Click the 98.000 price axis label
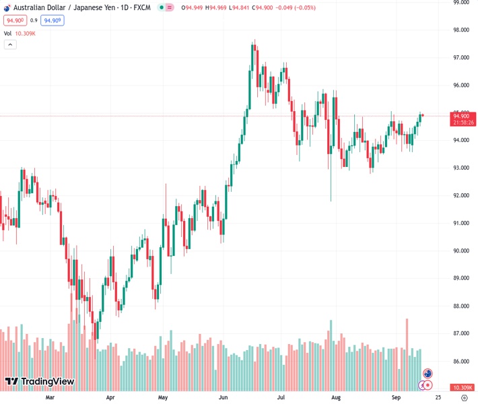[x=462, y=30]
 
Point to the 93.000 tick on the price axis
[x=462, y=168]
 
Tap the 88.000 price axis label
[x=462, y=306]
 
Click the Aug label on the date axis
[x=336, y=398]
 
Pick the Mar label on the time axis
[x=50, y=398]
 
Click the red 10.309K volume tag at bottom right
[x=463, y=387]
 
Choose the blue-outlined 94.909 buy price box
[x=53, y=21]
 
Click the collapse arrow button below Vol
[x=10, y=44]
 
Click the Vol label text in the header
[x=8, y=33]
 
